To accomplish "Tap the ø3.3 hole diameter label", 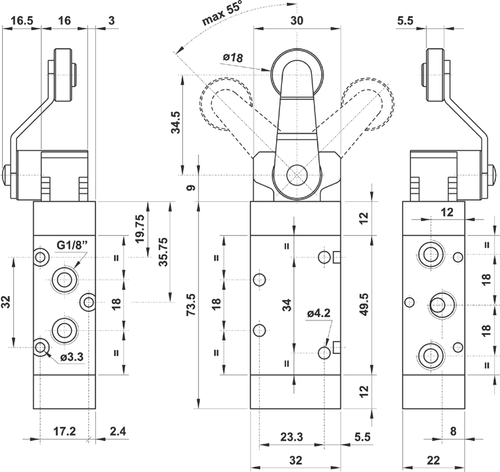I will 72,358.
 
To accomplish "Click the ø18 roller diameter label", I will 233,58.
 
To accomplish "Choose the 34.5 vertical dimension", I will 176,123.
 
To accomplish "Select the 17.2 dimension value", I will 64,431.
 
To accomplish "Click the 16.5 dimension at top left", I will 21,21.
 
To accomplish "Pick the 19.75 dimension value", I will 140,228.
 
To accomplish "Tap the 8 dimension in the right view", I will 453,431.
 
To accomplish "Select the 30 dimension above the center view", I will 297,21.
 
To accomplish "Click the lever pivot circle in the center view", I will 296,175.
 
